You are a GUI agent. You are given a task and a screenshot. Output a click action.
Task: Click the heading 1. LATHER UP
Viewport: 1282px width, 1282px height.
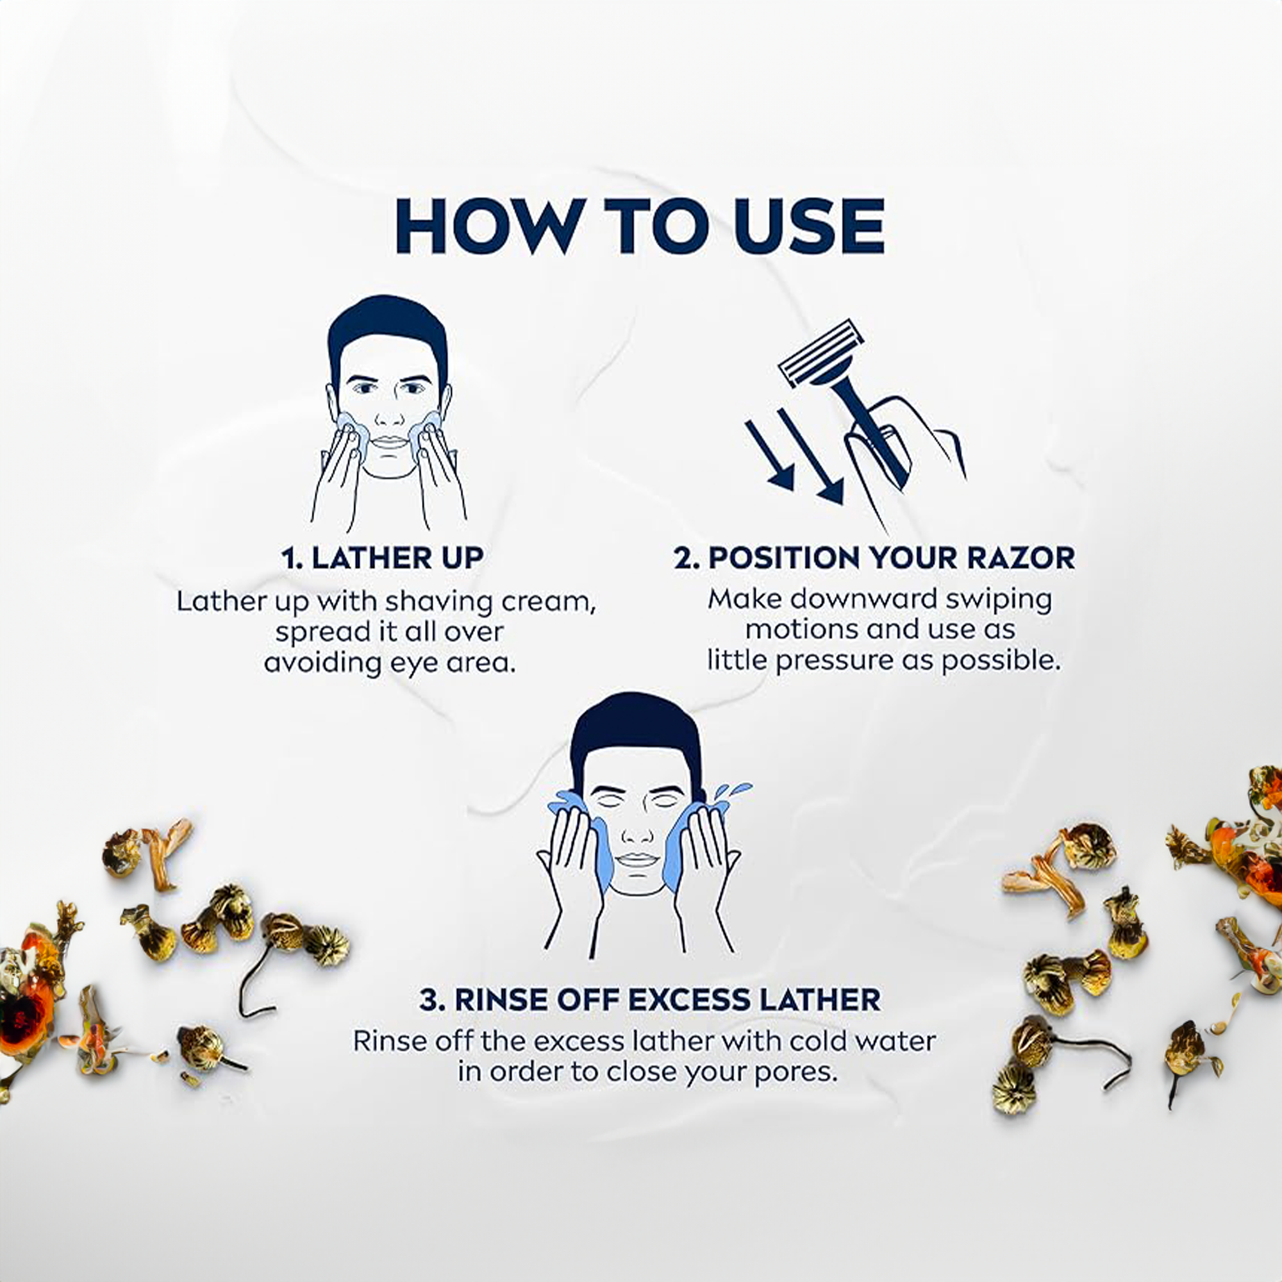[x=382, y=558]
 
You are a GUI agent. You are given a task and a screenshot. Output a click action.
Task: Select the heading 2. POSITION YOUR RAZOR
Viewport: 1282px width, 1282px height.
[x=874, y=558]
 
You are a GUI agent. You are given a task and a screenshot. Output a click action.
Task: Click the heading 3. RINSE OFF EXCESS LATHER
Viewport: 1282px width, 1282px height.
[x=649, y=999]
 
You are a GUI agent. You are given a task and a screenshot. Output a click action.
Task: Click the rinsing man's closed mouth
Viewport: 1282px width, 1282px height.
[x=637, y=860]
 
